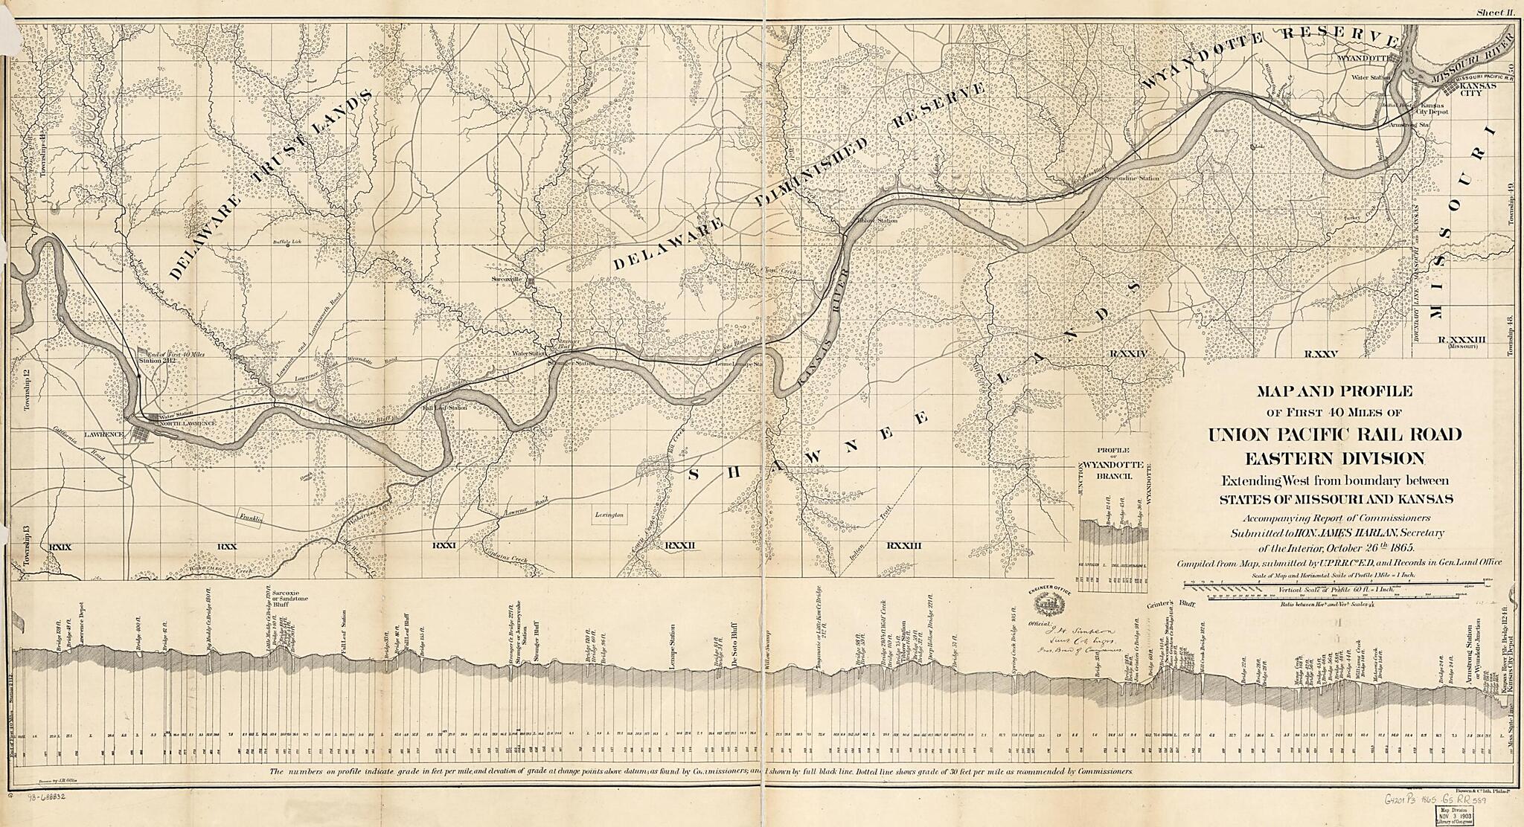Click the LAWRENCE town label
pyautogui.click(x=103, y=434)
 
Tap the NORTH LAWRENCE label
pyautogui.click(x=185, y=423)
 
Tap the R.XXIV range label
pyautogui.click(x=1129, y=354)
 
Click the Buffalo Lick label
pyautogui.click(x=284, y=241)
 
